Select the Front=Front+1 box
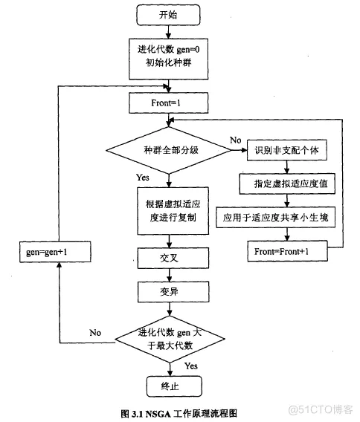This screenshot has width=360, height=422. pyautogui.click(x=286, y=251)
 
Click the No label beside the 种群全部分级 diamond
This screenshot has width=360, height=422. pyautogui.click(x=235, y=140)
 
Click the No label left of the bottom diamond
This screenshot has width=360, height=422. pyautogui.click(x=95, y=332)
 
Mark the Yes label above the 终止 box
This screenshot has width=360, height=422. pyautogui.click(x=190, y=366)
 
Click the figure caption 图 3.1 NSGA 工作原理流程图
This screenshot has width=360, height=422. pyautogui.click(x=178, y=412)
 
